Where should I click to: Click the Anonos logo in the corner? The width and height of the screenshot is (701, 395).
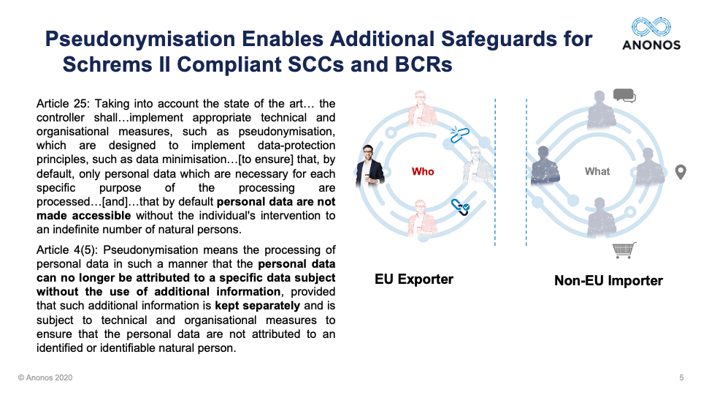point(651,34)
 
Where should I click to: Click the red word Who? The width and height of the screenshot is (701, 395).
point(423,171)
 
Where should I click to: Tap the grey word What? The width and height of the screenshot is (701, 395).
point(597,171)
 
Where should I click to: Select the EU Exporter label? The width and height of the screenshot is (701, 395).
point(414,279)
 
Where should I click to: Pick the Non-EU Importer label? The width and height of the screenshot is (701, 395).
point(608,280)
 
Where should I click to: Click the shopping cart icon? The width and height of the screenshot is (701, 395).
point(624,250)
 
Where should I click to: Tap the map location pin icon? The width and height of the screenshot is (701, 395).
point(681,172)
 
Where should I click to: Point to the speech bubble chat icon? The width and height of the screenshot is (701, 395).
point(624,96)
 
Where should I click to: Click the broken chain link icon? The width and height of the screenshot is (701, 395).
point(459,135)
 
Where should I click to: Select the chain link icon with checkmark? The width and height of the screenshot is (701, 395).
point(460,207)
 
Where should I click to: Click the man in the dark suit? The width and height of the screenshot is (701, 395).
point(369,166)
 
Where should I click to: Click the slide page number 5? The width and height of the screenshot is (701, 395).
point(681,377)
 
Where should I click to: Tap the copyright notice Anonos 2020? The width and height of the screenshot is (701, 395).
point(45,377)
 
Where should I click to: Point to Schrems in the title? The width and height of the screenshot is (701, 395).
point(107,64)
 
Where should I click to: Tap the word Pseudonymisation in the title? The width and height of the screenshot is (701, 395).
point(140,39)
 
